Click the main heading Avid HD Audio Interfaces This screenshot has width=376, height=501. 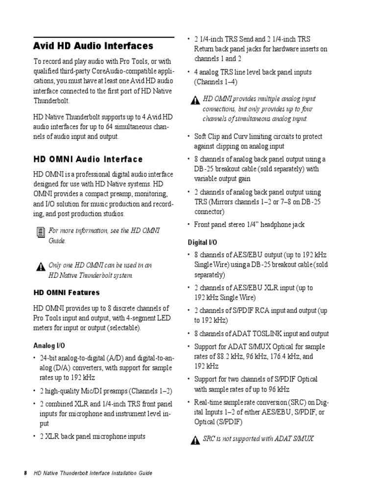tap(93, 46)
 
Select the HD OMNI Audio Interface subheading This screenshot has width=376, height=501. tap(88, 159)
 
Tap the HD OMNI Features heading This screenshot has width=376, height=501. tap(66, 293)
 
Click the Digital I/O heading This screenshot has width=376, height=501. tap(203, 242)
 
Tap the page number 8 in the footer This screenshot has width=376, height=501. tap(25, 473)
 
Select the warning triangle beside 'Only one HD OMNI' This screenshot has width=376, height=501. tap(40, 267)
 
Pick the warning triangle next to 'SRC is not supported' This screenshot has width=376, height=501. tap(195, 440)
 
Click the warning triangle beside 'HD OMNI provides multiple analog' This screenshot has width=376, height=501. tap(195, 100)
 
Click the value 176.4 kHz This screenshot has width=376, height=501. tap(275, 357)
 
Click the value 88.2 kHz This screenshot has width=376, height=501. tap(225, 357)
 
